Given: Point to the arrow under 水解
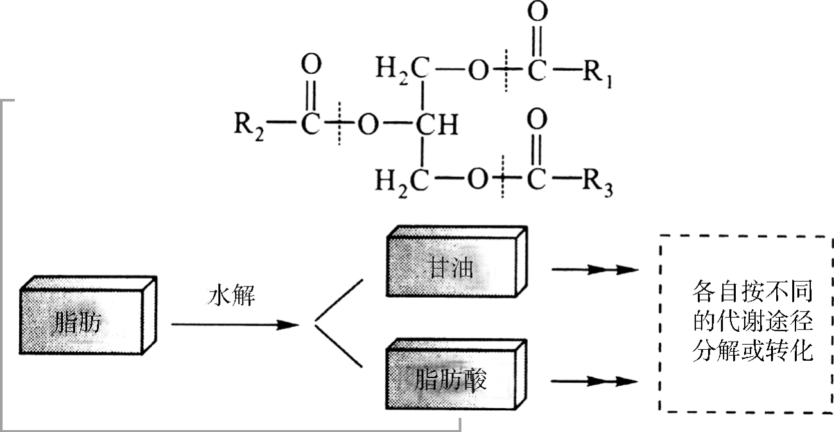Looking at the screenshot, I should (x=234, y=325).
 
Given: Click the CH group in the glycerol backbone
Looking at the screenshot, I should (x=436, y=126).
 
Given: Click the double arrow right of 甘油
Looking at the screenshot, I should (x=594, y=270).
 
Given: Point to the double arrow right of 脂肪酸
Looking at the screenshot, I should (x=594, y=381).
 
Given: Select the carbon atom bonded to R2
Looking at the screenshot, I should (x=310, y=126).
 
